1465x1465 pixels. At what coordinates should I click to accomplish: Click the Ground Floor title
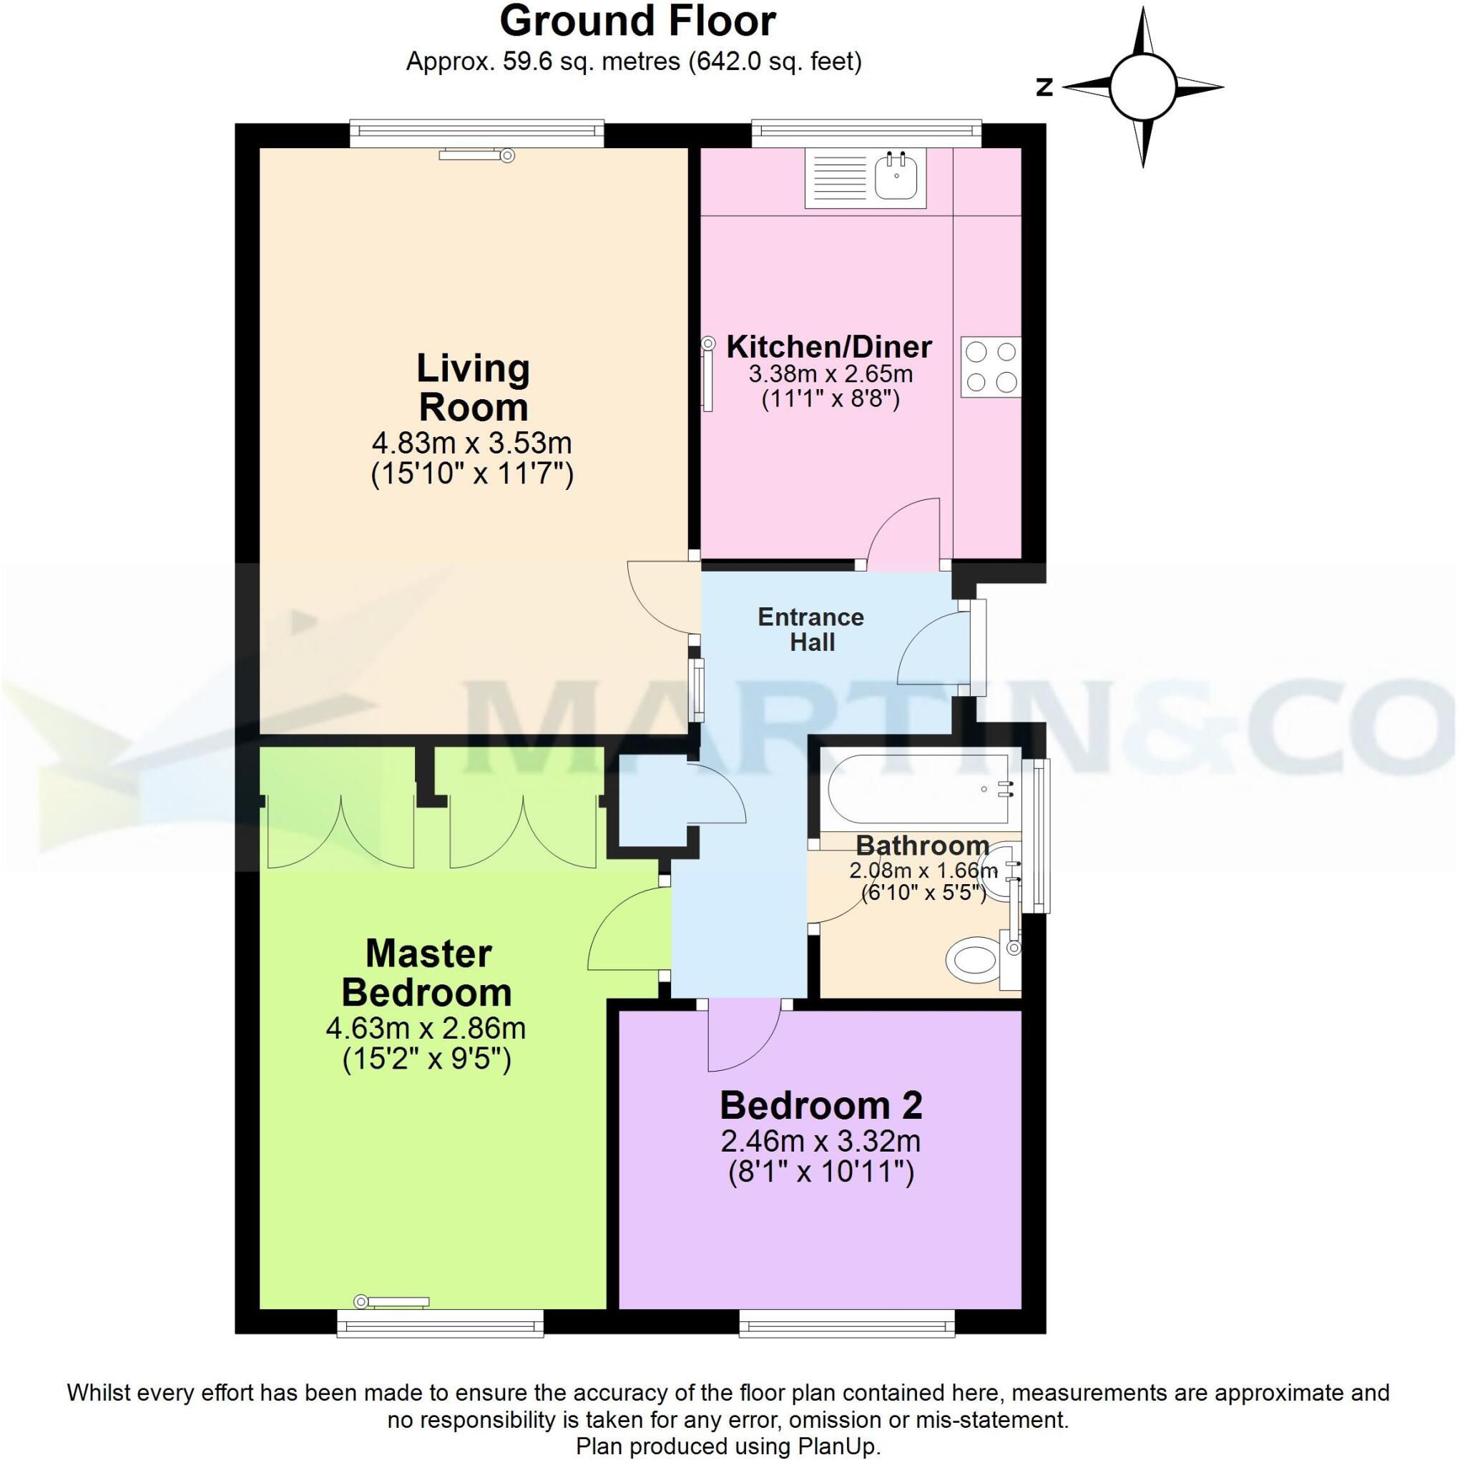click(x=637, y=22)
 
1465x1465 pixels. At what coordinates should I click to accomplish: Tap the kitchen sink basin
click(x=897, y=179)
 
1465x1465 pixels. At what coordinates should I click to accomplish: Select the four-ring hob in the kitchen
click(x=991, y=367)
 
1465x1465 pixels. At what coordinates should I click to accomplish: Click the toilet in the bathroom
click(x=973, y=961)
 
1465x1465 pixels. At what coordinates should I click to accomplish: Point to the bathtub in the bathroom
click(x=919, y=790)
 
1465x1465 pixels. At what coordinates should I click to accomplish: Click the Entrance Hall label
click(x=810, y=629)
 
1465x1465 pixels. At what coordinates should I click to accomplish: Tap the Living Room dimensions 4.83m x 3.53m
click(x=471, y=442)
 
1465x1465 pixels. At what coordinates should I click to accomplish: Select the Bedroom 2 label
click(x=820, y=1106)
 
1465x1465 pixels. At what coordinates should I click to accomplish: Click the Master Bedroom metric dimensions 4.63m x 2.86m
click(x=426, y=1028)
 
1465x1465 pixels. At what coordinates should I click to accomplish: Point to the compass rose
click(x=1142, y=88)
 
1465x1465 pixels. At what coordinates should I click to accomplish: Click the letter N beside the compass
click(x=1045, y=88)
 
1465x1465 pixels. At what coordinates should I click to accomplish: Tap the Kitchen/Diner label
click(x=829, y=347)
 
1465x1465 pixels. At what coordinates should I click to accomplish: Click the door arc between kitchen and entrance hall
click(x=902, y=530)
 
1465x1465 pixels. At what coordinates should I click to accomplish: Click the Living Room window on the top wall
click(x=477, y=134)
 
